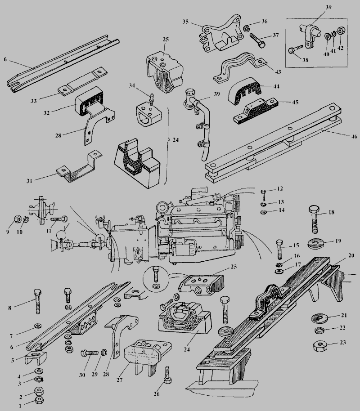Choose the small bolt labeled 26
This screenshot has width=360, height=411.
coord(167,375)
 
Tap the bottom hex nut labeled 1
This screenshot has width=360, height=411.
coord(39,399)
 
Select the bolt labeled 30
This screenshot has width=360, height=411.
coord(89,353)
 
